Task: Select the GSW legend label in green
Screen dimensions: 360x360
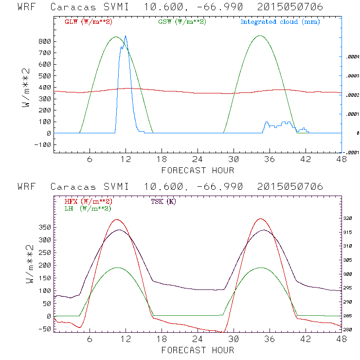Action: [x=180, y=21]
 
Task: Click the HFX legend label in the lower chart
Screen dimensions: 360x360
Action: [x=87, y=201]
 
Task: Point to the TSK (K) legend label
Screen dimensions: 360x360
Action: [x=163, y=201]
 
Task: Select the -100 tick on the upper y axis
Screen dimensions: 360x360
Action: [x=43, y=144]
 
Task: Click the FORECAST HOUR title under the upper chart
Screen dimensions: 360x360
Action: [x=198, y=170]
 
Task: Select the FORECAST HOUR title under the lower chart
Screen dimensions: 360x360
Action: [x=198, y=350]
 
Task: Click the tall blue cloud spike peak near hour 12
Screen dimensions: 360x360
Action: [x=126, y=36]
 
